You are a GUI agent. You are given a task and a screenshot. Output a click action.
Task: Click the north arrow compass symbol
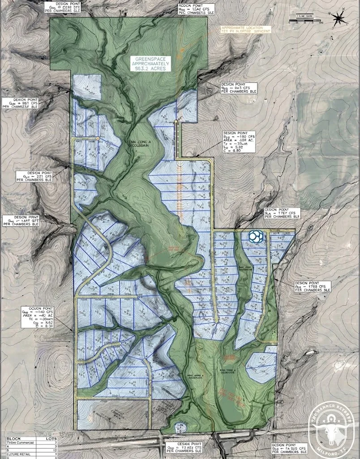pos(339,18)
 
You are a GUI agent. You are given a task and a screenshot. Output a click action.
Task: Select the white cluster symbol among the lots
pos(257,237)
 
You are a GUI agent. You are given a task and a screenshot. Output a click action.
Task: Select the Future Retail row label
pos(18,455)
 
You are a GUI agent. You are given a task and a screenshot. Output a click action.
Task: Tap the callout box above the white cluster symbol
pos(283,213)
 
